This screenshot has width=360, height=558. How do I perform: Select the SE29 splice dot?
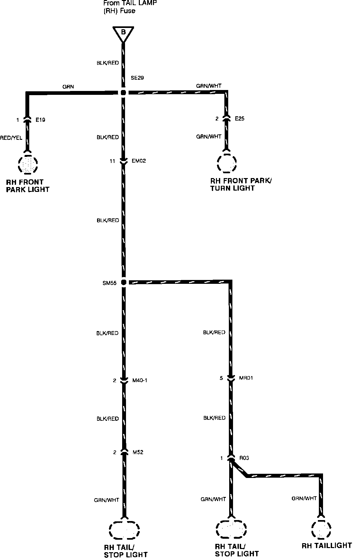click(123, 93)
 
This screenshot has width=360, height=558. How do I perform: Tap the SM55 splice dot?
click(124, 282)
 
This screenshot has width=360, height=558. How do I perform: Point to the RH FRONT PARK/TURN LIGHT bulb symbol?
click(227, 163)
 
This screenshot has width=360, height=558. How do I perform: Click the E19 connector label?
click(40, 120)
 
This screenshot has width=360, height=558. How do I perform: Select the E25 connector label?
click(239, 119)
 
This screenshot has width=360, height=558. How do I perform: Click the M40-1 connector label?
click(140, 381)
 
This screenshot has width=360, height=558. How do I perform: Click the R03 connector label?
click(244, 458)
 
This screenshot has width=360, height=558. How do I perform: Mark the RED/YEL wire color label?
click(11, 138)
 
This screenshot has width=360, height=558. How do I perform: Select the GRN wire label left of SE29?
click(68, 86)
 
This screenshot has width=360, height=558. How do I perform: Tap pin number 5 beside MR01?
click(221, 378)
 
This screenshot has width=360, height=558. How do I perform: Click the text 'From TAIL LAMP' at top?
click(130, 3)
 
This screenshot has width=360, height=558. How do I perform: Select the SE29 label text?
click(137, 78)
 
